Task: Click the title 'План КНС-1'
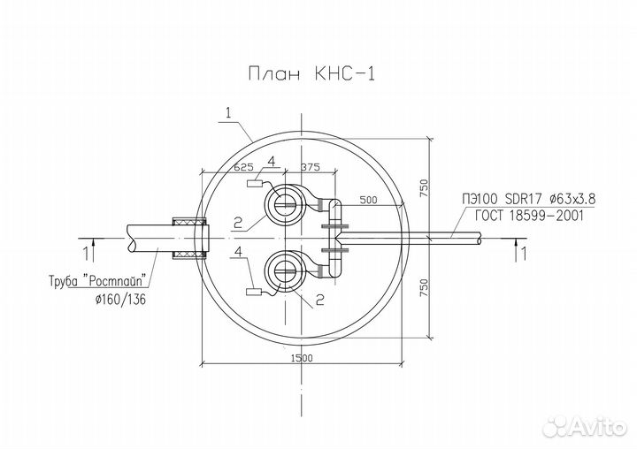coord(311,74)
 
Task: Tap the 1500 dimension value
coord(303,358)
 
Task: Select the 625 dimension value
coord(244,167)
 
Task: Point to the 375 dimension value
coord(311,167)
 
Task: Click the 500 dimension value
coord(368,200)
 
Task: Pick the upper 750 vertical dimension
coord(424,188)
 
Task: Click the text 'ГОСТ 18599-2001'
coord(529,216)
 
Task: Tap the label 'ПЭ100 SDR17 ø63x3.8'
coord(528,199)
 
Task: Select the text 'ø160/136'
coord(120,300)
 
